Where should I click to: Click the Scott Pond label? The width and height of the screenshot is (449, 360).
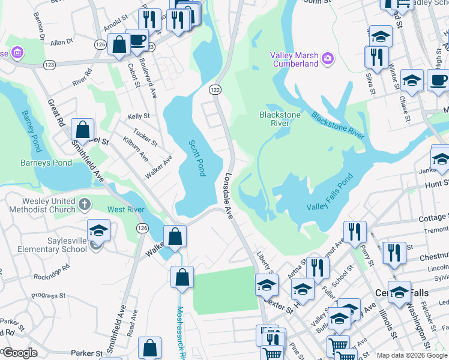point(197,158)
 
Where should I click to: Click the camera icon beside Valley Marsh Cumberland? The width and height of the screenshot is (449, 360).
point(328,58)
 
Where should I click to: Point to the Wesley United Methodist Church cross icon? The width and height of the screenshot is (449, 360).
point(84,205)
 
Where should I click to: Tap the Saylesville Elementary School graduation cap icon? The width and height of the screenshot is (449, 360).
point(99,231)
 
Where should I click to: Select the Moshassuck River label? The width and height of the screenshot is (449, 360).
point(179,329)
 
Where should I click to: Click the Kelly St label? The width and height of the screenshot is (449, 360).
point(138,116)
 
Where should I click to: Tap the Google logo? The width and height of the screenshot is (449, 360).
point(19,353)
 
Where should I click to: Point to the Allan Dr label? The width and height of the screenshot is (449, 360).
point(61,43)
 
